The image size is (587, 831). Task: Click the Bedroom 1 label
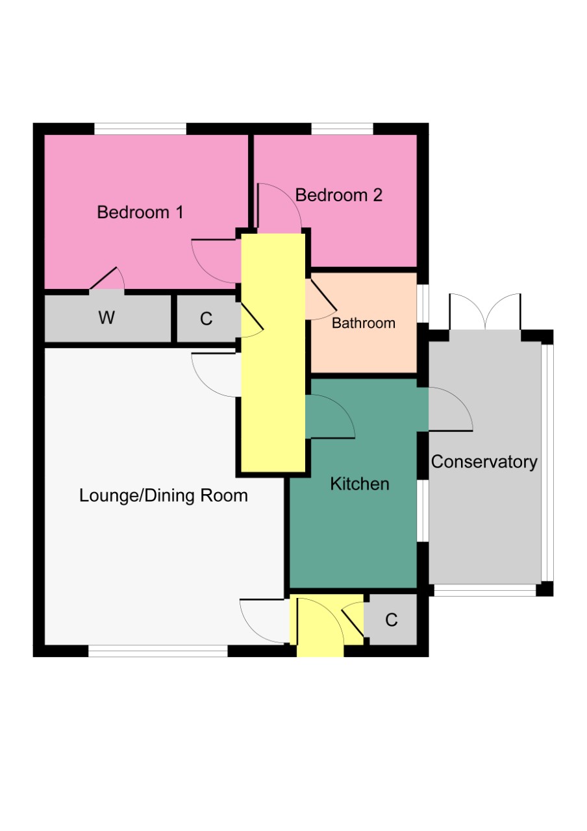tap(140, 212)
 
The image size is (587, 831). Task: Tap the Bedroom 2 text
tap(338, 195)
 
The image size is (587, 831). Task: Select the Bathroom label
tap(363, 323)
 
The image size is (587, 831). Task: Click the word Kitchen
tap(359, 484)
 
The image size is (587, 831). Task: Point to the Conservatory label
tap(484, 462)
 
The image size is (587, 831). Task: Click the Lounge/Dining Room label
tap(163, 496)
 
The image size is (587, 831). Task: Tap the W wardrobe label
tap(106, 318)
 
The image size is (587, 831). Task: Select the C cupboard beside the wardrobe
tap(206, 319)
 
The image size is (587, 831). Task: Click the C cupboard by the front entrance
tap(391, 620)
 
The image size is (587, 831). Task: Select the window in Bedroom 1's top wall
tap(140, 129)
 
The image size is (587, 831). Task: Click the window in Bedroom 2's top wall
tap(342, 129)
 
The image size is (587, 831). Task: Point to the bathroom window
tap(423, 303)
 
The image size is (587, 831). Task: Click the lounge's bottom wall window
tap(158, 651)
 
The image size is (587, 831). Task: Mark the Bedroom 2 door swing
tap(278, 206)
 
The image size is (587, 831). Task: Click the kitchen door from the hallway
tap(330, 417)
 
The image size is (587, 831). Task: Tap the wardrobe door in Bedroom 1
tap(107, 279)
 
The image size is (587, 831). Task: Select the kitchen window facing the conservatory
tap(423, 511)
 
